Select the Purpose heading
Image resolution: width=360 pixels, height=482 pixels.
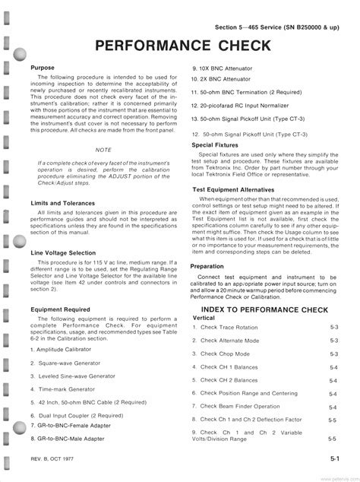click(43, 68)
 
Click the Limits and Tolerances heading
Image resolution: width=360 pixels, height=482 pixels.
click(63, 203)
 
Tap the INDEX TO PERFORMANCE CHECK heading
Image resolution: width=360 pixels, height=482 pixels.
click(265, 309)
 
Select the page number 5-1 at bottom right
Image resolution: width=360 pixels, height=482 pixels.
click(334, 459)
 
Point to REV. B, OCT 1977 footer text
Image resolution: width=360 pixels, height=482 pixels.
click(58, 460)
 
